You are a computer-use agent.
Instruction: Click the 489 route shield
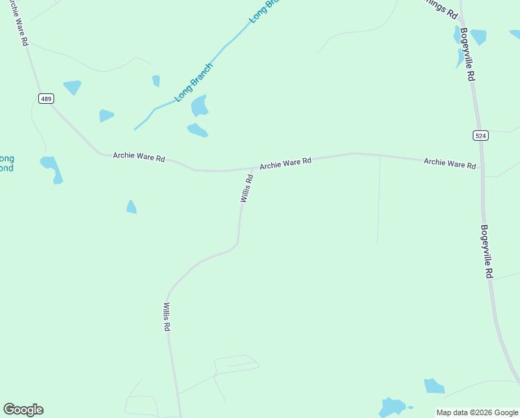[x=46, y=99]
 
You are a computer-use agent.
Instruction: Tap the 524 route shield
[x=480, y=135]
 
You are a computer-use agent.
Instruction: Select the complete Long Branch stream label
[x=193, y=83]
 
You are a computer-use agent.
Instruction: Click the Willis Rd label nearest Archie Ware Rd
[x=247, y=188]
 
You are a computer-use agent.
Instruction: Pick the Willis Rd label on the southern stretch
[x=167, y=316]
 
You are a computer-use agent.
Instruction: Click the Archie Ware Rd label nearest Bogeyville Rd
[x=450, y=163]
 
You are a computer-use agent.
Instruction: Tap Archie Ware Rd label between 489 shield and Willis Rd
[x=139, y=157]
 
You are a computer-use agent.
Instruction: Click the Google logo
[x=23, y=410]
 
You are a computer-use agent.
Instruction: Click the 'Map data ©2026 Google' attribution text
[x=477, y=412]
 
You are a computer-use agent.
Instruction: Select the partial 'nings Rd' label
[x=442, y=8]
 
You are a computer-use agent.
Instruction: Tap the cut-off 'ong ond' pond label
[x=6, y=163]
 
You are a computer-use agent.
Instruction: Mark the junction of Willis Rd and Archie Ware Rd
[x=252, y=168]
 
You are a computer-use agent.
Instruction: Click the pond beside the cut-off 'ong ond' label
[x=51, y=169]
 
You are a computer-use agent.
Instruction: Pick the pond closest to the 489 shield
[x=72, y=87]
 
